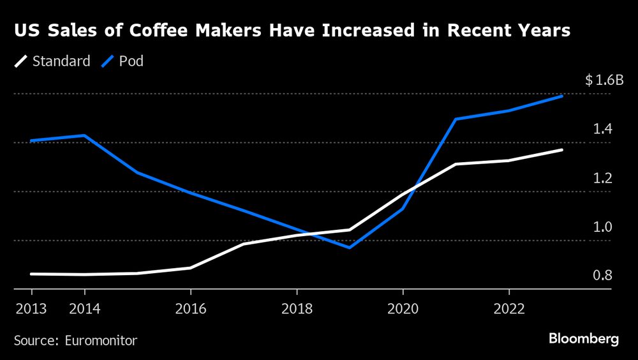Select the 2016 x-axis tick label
click(190, 309)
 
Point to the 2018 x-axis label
click(296, 309)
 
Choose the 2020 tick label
click(403, 309)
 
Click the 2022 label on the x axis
click(508, 309)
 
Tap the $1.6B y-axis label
click(604, 80)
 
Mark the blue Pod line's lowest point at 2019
click(350, 248)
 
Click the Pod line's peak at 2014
click(84, 135)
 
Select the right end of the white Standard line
click(562, 150)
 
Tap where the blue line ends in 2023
click(562, 96)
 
